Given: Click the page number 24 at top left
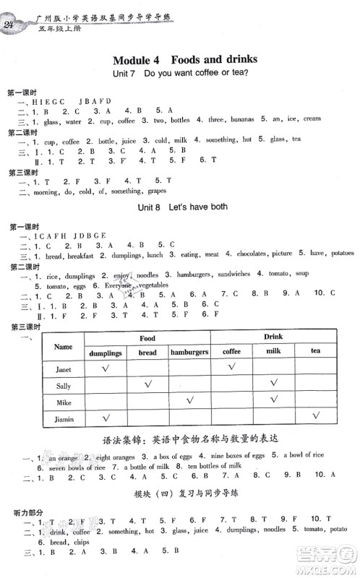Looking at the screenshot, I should click(12, 26).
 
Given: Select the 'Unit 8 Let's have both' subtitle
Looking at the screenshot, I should click(181, 207).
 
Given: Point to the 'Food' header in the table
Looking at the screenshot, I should click(147, 337).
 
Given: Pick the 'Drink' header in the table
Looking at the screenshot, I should click(273, 337).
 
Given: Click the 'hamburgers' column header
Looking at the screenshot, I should click(189, 353).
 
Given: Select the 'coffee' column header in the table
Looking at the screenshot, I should click(231, 353).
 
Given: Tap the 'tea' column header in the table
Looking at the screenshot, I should click(314, 353).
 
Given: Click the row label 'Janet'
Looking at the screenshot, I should click(64, 368).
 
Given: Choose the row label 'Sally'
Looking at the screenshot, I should click(64, 385).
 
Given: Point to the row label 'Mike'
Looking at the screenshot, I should click(64, 402).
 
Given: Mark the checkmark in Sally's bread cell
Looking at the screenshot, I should click(147, 384).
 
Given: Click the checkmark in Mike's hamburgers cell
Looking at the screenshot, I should click(189, 401).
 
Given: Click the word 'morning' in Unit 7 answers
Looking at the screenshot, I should click(40, 191).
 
